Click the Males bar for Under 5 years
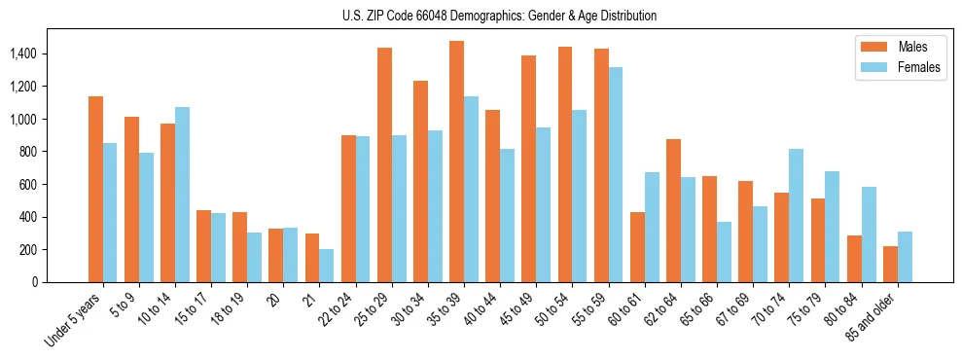click(x=95, y=190)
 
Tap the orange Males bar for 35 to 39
click(x=456, y=162)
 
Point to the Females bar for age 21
click(x=327, y=266)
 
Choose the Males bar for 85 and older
click(x=890, y=265)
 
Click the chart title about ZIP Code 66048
click(x=499, y=16)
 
